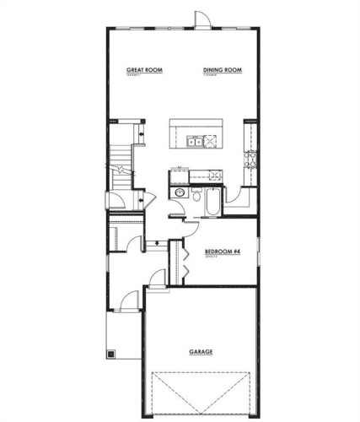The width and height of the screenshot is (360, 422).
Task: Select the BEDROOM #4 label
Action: [x=223, y=252]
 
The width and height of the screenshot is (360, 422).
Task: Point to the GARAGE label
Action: [x=200, y=351]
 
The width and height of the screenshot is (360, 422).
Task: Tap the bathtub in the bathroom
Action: [x=210, y=203]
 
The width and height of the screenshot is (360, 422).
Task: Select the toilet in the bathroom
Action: [x=195, y=204]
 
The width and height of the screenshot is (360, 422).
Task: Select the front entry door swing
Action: [x=130, y=299]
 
